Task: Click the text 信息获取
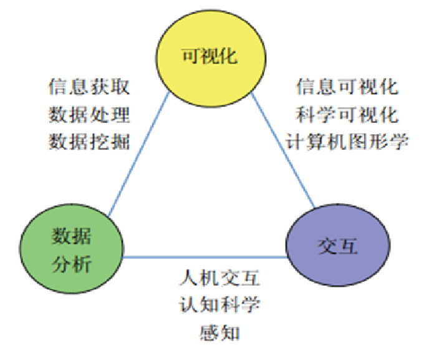(89, 87)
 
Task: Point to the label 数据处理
(89, 115)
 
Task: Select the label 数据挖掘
(89, 142)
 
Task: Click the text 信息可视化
(347, 87)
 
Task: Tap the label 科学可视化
(347, 115)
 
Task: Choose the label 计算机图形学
(347, 142)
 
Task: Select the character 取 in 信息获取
(120, 87)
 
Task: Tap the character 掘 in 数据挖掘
(120, 142)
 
